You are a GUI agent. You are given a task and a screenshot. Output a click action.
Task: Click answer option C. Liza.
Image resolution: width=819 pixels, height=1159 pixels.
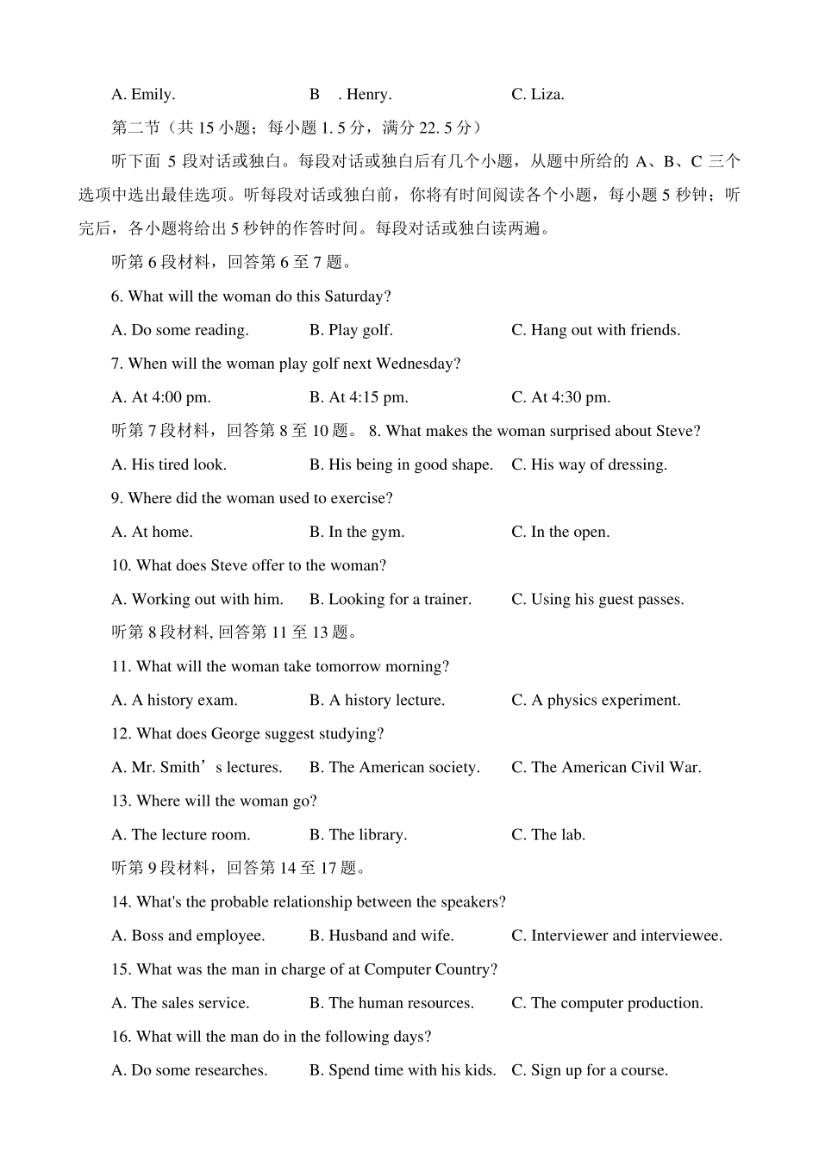[537, 95]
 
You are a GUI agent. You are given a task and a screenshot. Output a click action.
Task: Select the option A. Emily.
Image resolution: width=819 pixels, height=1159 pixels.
[143, 95]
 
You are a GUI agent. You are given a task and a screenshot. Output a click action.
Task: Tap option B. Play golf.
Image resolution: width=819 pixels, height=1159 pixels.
[351, 330]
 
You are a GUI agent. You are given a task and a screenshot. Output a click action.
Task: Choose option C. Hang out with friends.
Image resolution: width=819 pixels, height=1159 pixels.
[595, 330]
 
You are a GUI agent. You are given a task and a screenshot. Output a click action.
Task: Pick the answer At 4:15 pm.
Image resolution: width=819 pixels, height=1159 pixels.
[359, 397]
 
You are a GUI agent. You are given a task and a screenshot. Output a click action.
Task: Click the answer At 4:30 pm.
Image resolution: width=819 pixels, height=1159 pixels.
[561, 397]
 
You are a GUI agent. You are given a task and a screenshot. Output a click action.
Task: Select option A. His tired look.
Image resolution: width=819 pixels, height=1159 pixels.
[169, 464]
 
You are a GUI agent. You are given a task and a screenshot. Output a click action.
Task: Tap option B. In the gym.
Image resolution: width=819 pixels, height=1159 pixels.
[356, 532]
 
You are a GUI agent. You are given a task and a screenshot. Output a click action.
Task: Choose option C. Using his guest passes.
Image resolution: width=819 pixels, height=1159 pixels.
[597, 599]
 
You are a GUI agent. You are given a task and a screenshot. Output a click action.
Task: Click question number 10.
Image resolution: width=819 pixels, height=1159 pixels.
[121, 565]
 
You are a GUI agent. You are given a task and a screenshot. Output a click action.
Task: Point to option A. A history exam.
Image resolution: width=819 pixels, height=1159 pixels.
[174, 700]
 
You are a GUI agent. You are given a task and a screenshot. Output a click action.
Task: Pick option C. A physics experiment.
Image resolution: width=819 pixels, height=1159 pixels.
[596, 700]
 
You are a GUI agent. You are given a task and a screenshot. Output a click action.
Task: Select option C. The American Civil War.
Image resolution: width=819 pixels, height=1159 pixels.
[606, 767]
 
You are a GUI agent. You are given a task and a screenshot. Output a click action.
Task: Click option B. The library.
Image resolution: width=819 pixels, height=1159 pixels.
[358, 834]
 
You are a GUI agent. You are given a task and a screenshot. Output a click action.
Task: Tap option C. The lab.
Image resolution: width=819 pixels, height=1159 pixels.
[548, 834]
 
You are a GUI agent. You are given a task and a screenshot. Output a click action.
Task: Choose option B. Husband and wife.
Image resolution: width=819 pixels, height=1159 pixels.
[381, 935]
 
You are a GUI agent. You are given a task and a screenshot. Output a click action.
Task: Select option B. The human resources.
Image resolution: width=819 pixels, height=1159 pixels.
[391, 1003]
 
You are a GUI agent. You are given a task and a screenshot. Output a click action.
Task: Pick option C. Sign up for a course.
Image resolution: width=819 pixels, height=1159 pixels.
[590, 1070]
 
